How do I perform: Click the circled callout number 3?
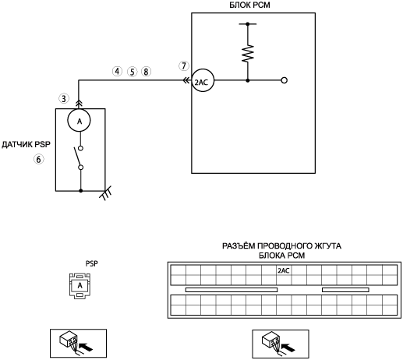click(64, 98)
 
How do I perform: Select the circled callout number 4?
click(117, 71)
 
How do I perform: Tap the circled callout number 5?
click(132, 72)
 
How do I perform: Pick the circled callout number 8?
click(146, 72)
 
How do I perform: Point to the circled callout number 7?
click(184, 65)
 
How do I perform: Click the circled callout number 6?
click(38, 159)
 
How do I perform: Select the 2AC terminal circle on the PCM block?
click(203, 80)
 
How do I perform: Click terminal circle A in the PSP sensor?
click(79, 121)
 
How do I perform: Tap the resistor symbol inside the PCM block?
click(248, 54)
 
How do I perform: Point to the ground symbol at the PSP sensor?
click(105, 194)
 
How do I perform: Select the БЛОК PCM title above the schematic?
click(249, 5)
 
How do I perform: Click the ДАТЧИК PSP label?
click(26, 144)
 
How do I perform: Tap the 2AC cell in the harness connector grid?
click(284, 270)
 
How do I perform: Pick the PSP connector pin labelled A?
click(80, 285)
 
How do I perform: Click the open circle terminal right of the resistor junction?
click(285, 80)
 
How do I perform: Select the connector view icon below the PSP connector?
click(78, 344)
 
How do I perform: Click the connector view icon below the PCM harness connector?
click(281, 344)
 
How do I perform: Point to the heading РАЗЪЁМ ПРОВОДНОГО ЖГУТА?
click(281, 245)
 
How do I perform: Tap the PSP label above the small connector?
click(92, 263)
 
